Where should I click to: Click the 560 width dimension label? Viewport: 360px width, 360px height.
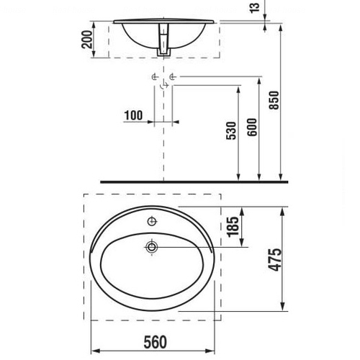click(x=155, y=342)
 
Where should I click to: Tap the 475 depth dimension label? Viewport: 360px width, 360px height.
click(x=275, y=260)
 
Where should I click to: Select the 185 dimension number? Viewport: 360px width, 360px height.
click(x=233, y=227)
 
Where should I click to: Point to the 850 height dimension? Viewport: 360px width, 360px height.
click(x=274, y=100)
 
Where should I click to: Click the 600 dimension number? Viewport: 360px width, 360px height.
click(x=252, y=127)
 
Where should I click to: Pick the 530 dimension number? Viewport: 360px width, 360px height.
click(x=231, y=130)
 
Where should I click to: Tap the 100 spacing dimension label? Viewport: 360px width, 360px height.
click(x=133, y=115)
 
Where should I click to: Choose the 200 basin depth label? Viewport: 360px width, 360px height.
click(x=86, y=40)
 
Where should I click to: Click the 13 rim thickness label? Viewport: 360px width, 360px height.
click(x=254, y=7)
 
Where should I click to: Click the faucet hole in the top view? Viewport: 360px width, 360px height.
click(x=152, y=221)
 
